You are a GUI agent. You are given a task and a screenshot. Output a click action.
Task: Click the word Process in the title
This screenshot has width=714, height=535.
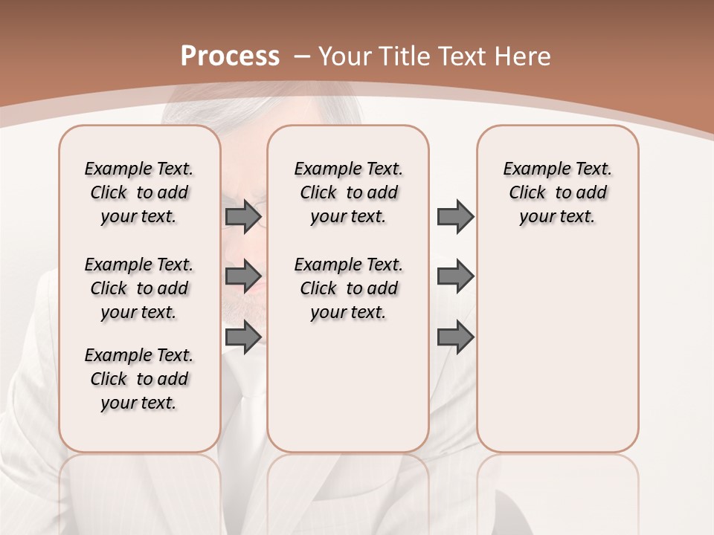[230, 56]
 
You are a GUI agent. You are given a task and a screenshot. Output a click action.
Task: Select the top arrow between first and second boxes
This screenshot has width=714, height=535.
[242, 216]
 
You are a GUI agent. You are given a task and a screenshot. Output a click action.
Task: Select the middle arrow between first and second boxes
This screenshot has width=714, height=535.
[242, 276]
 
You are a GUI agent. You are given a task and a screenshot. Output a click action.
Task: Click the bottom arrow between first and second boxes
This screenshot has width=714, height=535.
[242, 337]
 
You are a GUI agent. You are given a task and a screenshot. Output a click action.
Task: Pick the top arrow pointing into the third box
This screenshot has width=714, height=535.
[455, 216]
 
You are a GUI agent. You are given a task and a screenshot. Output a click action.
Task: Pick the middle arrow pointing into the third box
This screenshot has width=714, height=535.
[455, 276]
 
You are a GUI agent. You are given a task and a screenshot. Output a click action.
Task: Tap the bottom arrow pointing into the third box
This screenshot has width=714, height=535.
[455, 337]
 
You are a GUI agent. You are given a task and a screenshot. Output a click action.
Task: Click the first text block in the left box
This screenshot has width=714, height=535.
[139, 192]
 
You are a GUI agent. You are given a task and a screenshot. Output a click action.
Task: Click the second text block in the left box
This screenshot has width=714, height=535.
[139, 288]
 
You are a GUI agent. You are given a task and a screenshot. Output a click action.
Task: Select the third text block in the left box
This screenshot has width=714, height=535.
[139, 379]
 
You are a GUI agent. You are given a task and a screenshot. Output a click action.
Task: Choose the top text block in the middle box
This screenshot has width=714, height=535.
[348, 192]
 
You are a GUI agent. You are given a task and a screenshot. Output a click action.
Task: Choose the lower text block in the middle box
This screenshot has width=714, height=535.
[348, 288]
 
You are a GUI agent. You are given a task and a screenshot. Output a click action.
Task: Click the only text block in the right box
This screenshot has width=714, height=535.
[557, 192]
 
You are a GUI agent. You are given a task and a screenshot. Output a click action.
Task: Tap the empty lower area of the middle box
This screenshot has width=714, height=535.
[348, 386]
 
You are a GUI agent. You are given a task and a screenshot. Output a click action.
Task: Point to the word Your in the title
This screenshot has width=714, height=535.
[346, 56]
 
